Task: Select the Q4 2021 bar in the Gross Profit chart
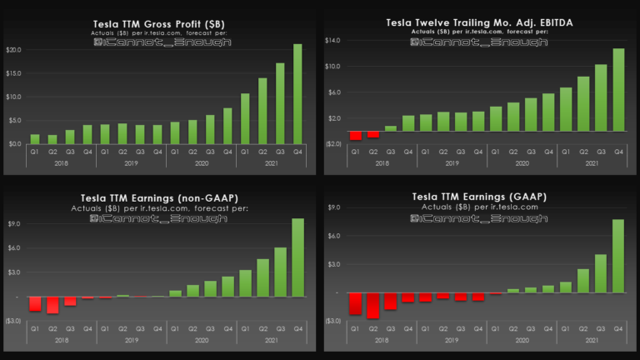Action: click(x=297, y=93)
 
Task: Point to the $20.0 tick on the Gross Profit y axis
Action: click(x=13, y=50)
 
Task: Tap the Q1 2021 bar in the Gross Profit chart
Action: click(x=245, y=118)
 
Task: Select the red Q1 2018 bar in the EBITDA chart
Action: click(x=355, y=136)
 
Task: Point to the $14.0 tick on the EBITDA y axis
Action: click(x=332, y=40)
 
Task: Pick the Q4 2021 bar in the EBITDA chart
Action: click(x=618, y=89)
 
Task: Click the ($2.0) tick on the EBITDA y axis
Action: click(x=332, y=143)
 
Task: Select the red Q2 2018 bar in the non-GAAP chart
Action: click(x=52, y=305)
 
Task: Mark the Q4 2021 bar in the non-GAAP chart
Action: click(x=297, y=257)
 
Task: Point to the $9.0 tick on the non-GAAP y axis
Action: click(x=14, y=223)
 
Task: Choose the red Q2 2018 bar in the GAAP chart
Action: click(x=372, y=305)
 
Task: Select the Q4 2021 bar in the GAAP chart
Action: click(x=618, y=256)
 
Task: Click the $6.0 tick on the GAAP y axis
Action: click(x=334, y=236)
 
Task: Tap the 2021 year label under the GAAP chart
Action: click(x=592, y=340)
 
